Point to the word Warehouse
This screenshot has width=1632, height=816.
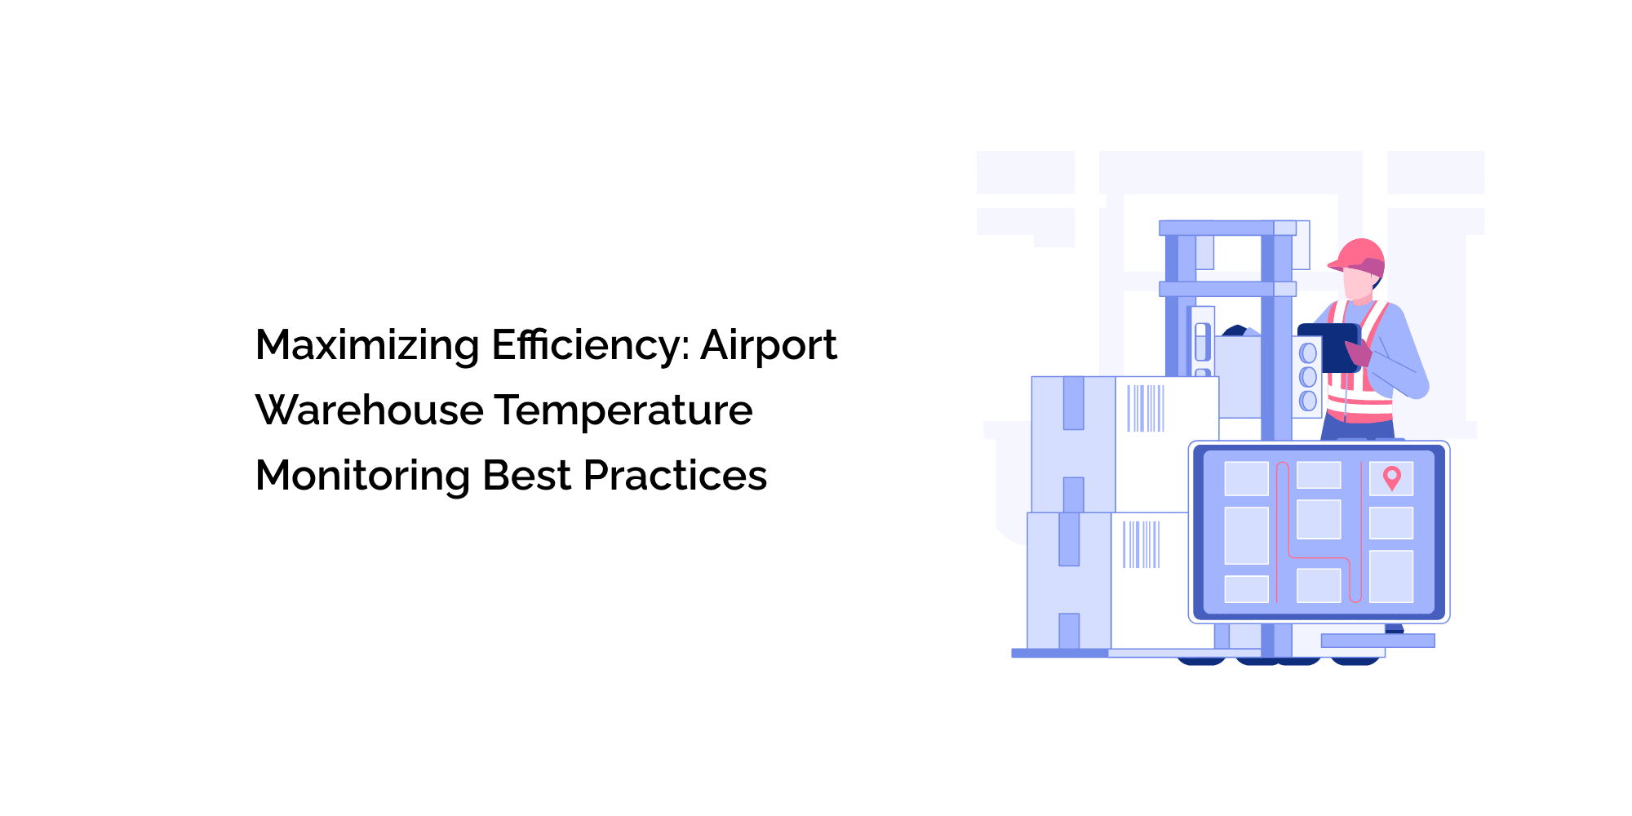coord(370,410)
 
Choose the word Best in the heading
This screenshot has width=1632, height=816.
coord(527,475)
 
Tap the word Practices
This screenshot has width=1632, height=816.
coord(676,475)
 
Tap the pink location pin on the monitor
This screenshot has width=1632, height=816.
coord(1392,477)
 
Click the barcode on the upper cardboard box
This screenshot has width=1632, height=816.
coord(1146,408)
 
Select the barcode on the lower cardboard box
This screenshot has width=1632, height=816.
coord(1141,544)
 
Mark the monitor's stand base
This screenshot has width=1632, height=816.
coord(1377,641)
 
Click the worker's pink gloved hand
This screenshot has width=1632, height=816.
coord(1358,353)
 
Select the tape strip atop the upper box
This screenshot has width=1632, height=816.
coord(1073,403)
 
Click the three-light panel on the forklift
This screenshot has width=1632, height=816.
coord(1307,377)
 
